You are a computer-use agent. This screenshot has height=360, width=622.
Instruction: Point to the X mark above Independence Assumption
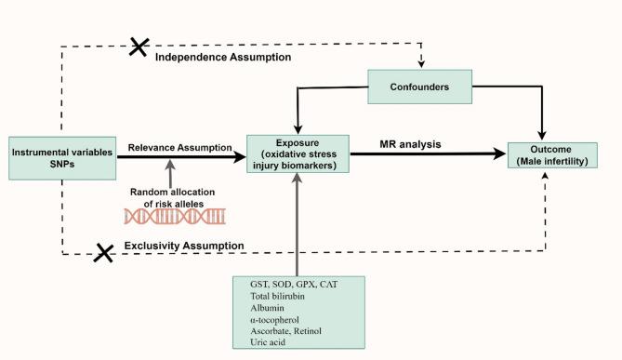(138, 47)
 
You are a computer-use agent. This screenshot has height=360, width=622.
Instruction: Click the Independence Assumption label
(222, 58)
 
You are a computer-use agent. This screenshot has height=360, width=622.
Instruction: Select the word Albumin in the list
(257, 308)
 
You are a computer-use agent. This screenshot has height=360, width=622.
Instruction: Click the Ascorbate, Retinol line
(274, 330)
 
